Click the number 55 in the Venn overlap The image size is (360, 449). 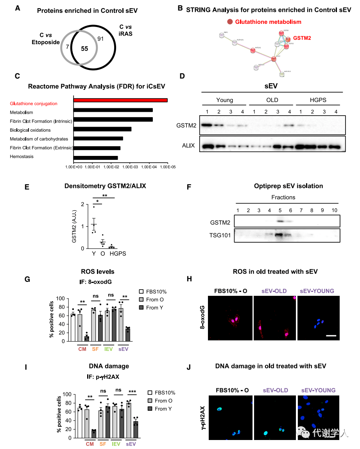pos(84,49)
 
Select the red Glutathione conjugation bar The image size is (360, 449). pos(120,100)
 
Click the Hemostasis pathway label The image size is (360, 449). pos(22,157)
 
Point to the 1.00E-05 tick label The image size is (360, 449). pos(168,167)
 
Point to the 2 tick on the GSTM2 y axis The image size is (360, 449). pos(82,204)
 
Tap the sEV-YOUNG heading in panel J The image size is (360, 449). pos(318,390)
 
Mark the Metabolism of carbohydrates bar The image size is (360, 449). pos(98,139)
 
